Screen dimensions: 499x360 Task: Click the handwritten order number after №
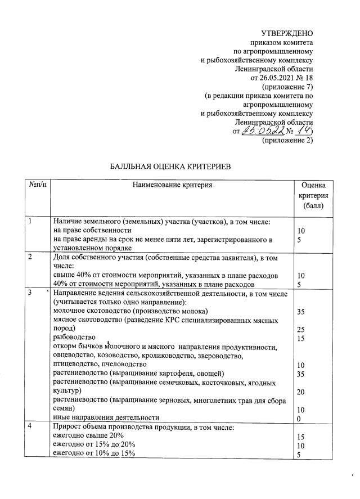(x=305, y=131)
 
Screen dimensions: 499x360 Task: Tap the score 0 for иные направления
(x=298, y=418)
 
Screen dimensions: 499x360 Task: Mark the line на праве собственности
(x=92, y=231)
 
